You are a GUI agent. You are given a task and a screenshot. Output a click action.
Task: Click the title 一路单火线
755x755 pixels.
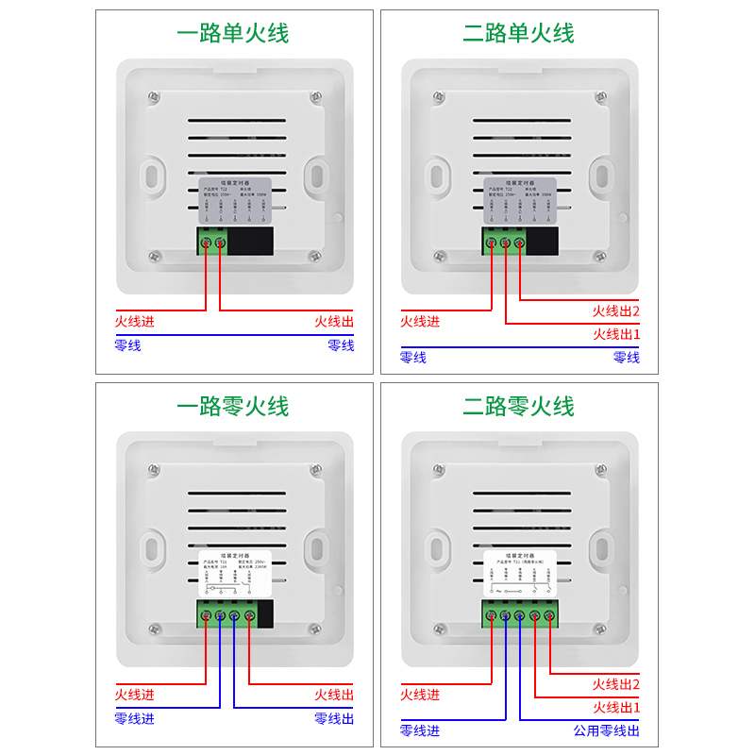(233, 34)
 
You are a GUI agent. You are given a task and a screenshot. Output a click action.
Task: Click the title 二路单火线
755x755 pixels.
(518, 34)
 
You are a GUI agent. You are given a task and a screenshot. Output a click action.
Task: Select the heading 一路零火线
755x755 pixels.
(233, 407)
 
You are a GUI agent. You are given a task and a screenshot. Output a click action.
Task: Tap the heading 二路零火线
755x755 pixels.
(518, 407)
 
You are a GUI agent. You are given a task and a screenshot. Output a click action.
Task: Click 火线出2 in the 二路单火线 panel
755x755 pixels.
(615, 310)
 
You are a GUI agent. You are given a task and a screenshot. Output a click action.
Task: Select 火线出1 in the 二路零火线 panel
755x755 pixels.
(615, 707)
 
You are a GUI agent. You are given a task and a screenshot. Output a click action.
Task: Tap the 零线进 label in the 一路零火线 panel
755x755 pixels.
(135, 719)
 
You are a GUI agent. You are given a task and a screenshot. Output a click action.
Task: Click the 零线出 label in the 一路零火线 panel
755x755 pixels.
(334, 719)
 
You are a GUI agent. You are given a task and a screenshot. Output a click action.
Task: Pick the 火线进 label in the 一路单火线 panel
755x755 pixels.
(135, 322)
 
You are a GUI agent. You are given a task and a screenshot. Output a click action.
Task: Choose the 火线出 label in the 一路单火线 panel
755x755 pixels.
(334, 322)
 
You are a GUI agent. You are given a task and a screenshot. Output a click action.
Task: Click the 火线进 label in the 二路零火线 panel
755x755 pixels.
(420, 695)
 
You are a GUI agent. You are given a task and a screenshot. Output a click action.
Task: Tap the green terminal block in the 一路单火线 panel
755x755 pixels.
(213, 243)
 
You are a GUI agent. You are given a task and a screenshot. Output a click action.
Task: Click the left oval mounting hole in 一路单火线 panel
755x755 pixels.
(151, 175)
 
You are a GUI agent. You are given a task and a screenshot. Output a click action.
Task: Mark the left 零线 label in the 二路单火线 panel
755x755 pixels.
(413, 358)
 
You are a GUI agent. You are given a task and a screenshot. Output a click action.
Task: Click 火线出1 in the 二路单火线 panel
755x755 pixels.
(615, 334)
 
